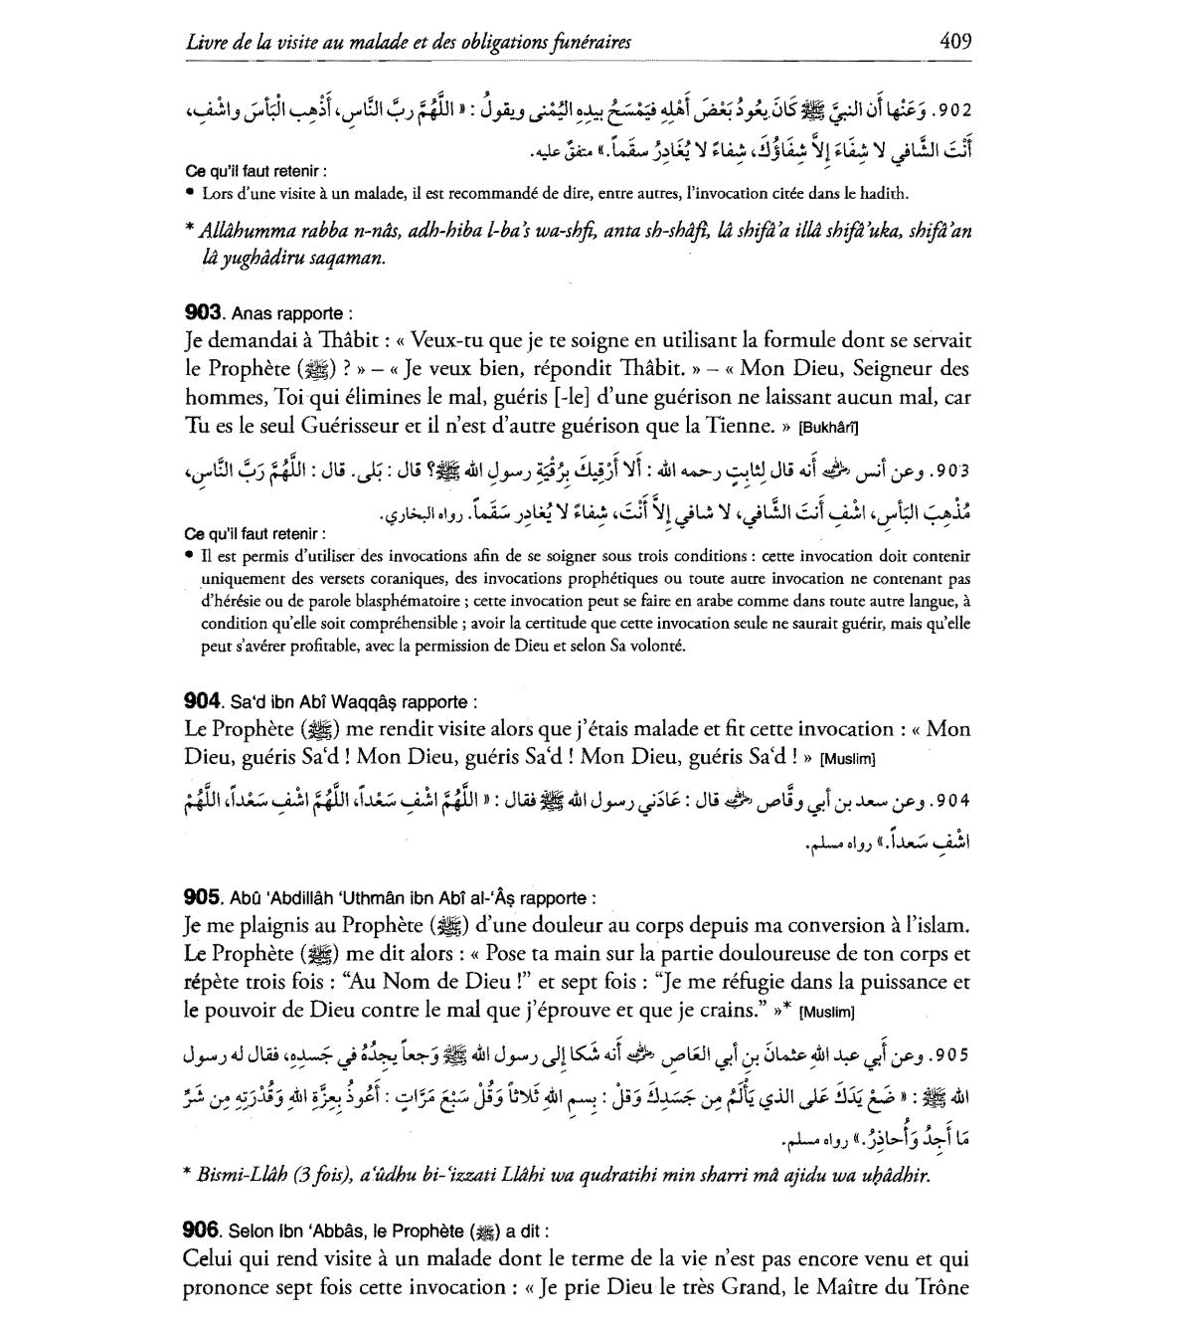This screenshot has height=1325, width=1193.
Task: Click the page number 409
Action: [954, 42]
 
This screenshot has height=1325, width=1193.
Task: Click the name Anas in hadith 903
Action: [250, 314]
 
